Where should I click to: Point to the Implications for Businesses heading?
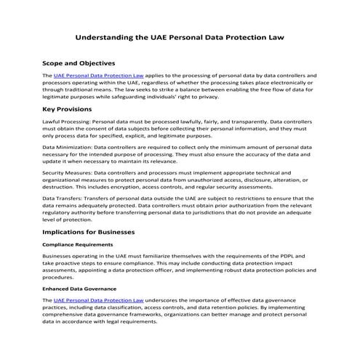tap(98, 232)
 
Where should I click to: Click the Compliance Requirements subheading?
tap(78, 244)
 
